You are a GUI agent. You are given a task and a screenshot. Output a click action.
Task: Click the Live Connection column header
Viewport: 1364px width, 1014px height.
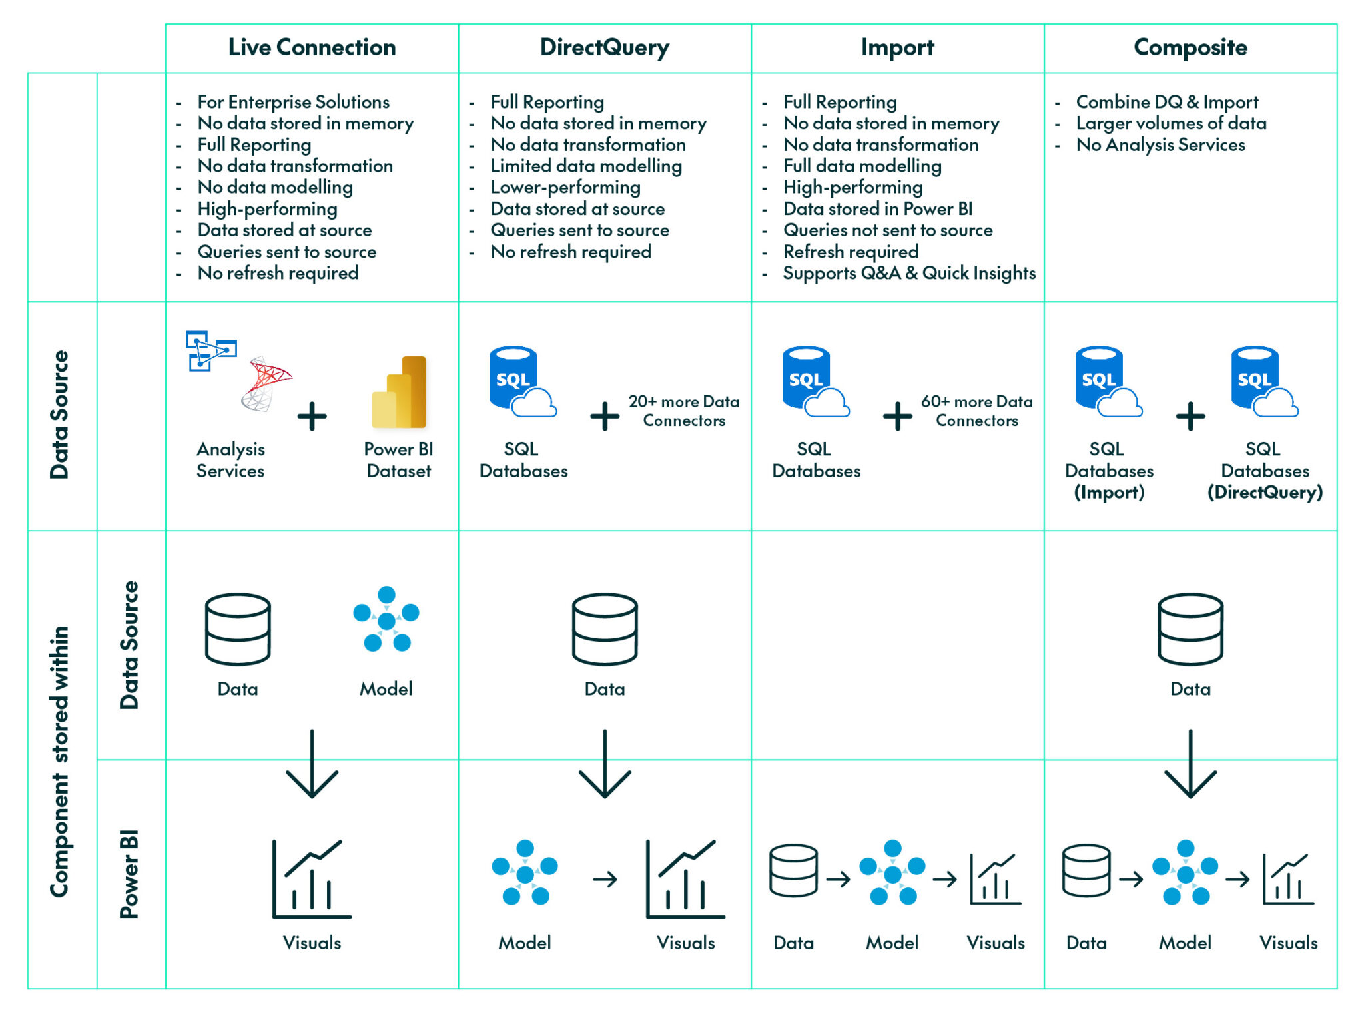coord(312,47)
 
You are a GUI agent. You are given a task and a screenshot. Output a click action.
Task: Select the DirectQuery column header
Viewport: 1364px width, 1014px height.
coord(604,47)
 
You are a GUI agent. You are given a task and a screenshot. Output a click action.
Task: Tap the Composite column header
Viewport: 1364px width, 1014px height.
coord(1190,47)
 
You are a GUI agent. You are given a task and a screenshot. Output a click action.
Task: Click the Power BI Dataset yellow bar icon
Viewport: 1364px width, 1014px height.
coord(399,393)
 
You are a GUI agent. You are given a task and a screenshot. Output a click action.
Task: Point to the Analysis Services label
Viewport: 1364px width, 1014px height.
coord(230,460)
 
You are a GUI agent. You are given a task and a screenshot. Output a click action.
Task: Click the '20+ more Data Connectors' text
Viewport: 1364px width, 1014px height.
coord(684,411)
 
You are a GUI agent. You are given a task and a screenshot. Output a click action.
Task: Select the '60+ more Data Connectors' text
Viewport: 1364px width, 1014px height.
coord(976,411)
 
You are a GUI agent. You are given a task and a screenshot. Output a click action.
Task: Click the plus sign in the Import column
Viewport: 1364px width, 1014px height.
coord(897,416)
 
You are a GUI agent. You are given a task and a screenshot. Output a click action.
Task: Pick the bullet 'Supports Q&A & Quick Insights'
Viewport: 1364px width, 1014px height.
coord(909,273)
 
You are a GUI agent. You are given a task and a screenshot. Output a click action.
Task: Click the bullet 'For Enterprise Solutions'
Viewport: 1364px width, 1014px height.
coord(293,102)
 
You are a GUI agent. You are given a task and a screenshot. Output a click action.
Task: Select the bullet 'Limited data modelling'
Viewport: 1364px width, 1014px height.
coord(586,166)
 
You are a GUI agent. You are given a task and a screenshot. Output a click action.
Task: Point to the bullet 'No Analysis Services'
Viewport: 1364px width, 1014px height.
coord(1160,144)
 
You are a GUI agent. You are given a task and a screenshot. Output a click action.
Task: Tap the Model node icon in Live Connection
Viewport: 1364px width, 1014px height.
coord(386,620)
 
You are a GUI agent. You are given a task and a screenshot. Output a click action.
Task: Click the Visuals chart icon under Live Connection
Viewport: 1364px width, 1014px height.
coord(311,879)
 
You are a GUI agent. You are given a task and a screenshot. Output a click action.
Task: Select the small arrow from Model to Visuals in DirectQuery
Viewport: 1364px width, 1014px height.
coord(605,880)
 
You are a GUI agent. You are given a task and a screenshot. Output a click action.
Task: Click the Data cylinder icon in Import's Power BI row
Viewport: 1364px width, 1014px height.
coord(793,871)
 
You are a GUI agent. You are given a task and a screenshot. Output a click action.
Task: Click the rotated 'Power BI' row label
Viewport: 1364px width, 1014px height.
coord(129,874)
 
